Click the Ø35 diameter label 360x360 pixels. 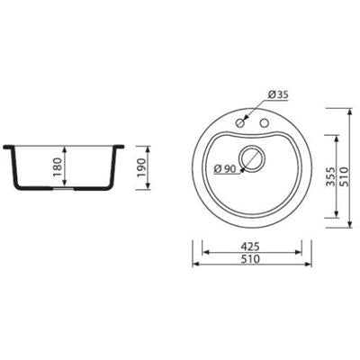tap(278, 94)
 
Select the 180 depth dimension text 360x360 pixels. tap(58, 166)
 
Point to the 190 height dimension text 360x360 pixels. tap(140, 166)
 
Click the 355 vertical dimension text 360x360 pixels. tap(330, 177)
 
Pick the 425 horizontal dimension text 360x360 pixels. tap(250, 247)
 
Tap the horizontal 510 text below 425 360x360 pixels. tap(250, 259)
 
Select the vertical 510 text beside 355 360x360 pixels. tap(345, 177)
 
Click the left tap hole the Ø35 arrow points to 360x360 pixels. tap(240, 122)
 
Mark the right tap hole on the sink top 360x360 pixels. tap(265, 122)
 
